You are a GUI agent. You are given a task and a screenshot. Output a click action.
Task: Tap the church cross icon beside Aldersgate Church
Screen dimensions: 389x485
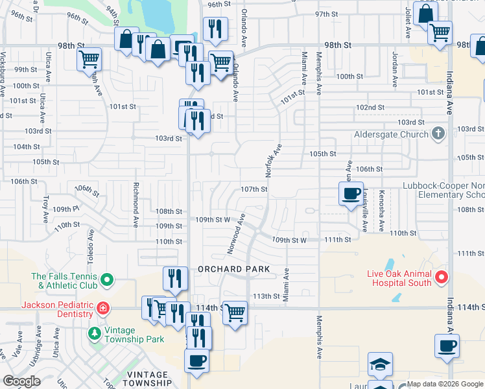pos(438,134)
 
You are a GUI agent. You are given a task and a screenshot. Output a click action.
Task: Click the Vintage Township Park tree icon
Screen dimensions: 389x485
pos(95,333)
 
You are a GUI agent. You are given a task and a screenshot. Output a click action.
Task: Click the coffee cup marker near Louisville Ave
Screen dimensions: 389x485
pos(351,193)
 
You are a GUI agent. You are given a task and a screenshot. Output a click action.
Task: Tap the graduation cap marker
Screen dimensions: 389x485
pos(380,364)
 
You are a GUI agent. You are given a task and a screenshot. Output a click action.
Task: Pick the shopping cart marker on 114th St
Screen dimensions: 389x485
pos(235,312)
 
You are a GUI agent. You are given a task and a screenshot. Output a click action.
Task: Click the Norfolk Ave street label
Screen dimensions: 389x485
pos(272,161)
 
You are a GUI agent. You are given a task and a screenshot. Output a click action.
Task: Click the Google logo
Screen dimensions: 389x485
pos(22,381)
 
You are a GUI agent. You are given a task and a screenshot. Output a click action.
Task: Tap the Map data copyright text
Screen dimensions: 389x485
pos(445,384)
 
